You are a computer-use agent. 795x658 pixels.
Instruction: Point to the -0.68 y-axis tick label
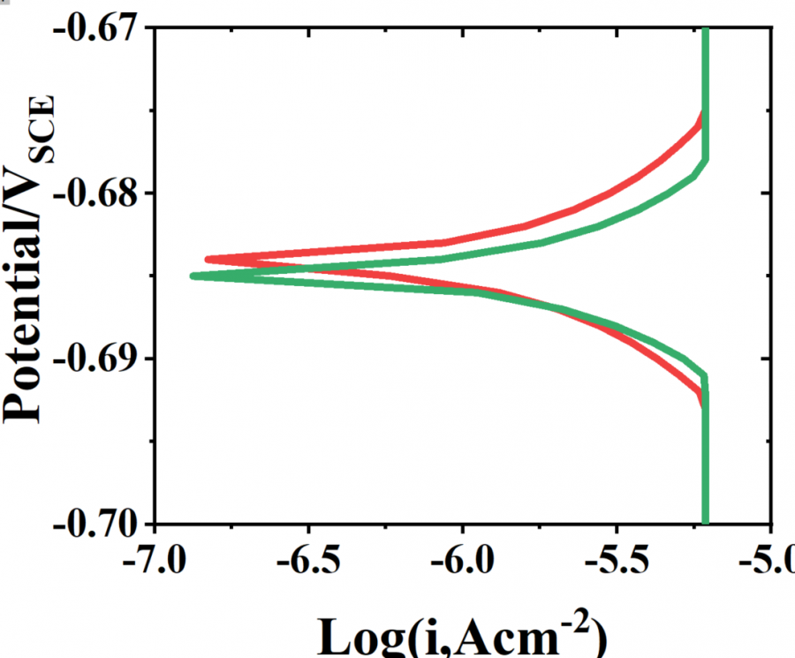[94, 193]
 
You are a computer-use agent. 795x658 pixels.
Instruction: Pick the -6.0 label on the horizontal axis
[461, 563]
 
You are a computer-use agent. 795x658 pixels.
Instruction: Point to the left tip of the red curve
[207, 260]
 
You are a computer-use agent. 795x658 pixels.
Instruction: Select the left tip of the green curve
[193, 276]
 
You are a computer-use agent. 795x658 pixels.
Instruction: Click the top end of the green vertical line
[705, 30]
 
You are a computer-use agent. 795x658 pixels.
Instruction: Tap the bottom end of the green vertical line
[705, 521]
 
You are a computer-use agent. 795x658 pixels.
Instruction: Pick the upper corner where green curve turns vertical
[705, 160]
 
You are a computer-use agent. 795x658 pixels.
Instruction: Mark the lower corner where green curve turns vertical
[705, 377]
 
